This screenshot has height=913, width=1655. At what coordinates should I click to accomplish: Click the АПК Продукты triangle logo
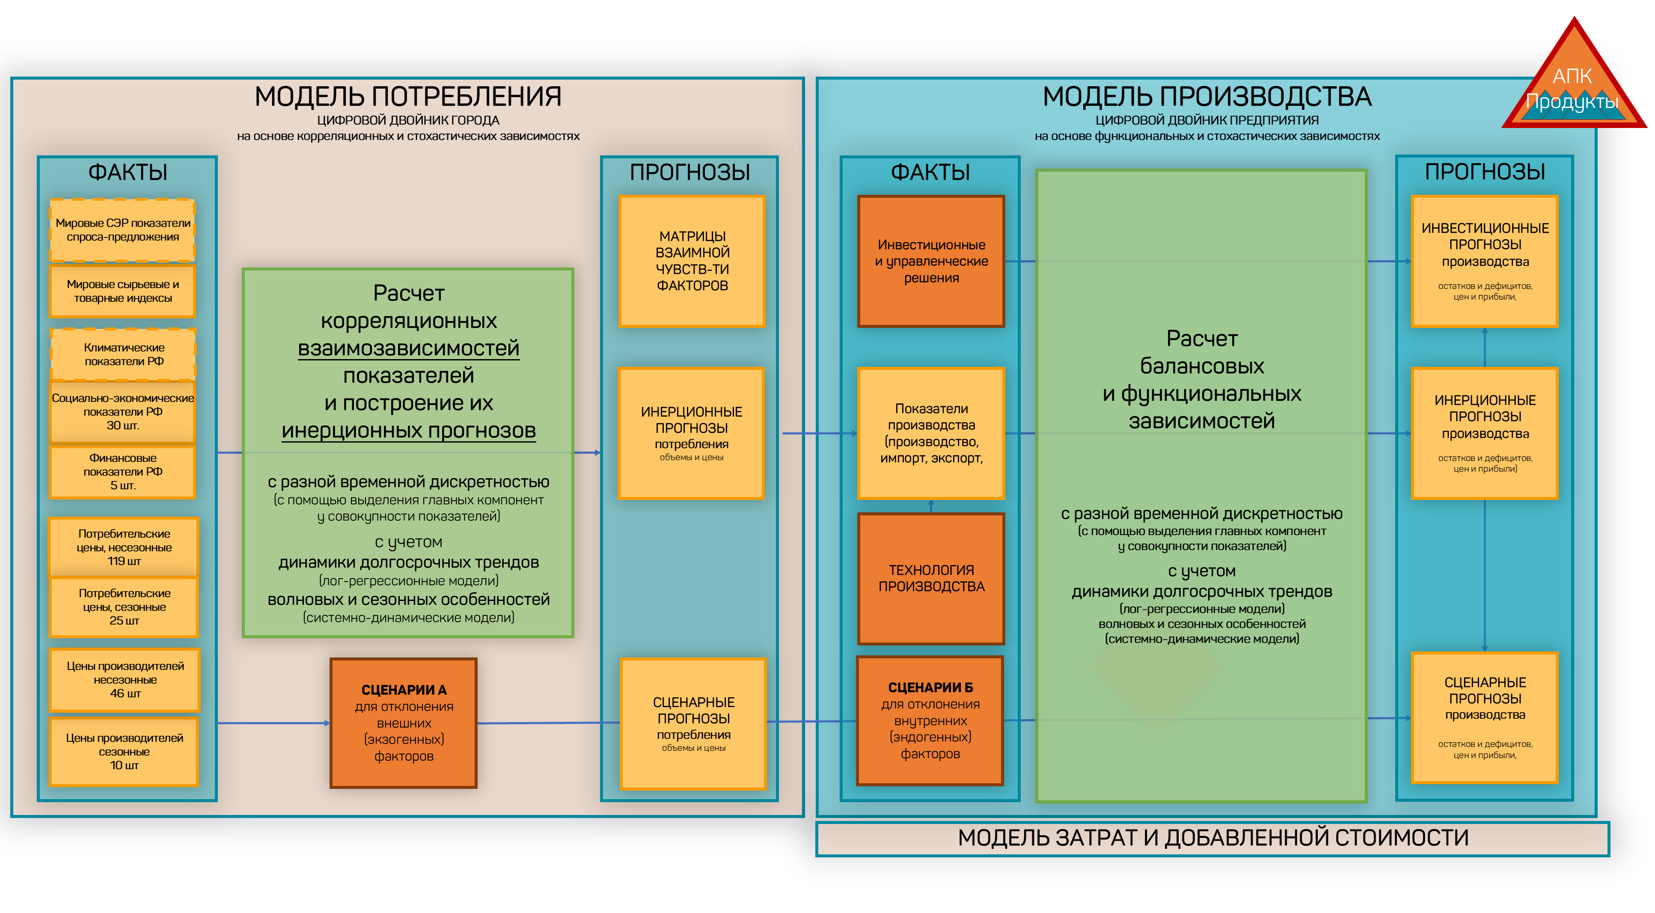point(1573,83)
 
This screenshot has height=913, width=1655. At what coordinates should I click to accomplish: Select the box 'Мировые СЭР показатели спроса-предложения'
point(123,230)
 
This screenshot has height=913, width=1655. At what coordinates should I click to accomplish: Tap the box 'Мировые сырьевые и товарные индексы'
point(123,291)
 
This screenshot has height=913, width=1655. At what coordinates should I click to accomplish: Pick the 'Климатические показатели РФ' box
point(123,354)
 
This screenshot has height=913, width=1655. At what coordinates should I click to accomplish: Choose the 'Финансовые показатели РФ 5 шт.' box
point(123,472)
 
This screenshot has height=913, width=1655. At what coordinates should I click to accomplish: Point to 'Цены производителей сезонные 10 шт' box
point(124,751)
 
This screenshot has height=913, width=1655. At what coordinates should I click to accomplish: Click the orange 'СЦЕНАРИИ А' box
point(404,723)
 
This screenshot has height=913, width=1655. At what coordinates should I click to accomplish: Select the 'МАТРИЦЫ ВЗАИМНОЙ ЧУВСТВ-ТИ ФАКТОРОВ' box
point(692,261)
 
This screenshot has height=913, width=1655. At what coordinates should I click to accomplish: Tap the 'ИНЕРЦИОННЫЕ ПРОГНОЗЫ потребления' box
point(691,433)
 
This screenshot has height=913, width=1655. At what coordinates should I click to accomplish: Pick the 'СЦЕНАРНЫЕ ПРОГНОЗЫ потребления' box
point(693,723)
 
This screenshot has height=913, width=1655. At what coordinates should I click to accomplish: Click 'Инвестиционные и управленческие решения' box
point(931,261)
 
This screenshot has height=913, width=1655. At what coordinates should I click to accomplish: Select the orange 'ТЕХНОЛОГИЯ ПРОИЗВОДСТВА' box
point(931,578)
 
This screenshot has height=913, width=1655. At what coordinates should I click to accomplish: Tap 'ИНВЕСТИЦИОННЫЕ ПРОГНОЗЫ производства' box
point(1485,261)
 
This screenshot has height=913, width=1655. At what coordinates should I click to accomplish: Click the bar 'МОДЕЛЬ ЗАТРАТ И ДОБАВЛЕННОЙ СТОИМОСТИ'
point(1212,838)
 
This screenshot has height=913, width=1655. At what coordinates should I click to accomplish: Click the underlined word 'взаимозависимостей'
point(409,348)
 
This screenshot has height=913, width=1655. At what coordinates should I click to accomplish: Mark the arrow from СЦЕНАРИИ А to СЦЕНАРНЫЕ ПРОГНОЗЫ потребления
point(548,723)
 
